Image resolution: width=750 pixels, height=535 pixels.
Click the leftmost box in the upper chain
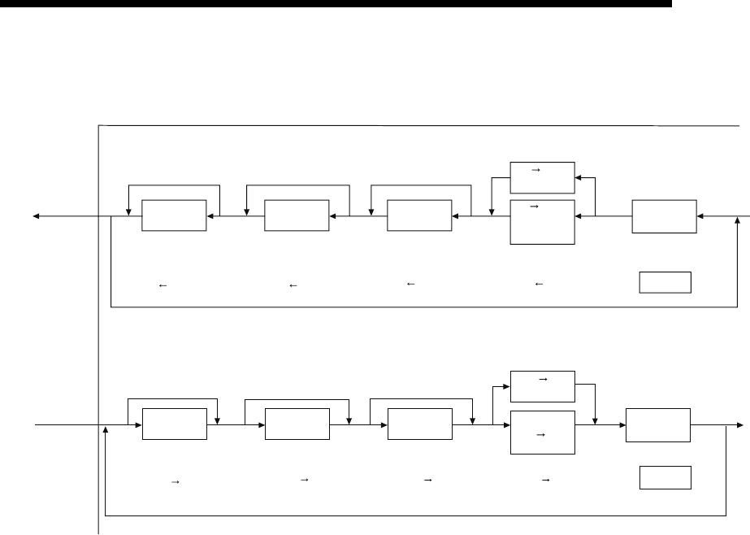pyautogui.click(x=174, y=215)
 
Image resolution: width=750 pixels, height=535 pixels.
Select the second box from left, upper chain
pyautogui.click(x=297, y=215)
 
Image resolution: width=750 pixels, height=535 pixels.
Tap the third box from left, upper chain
pyautogui.click(x=419, y=215)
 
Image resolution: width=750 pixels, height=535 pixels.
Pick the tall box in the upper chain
pyautogui.click(x=542, y=221)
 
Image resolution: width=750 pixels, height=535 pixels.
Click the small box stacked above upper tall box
pyautogui.click(x=542, y=173)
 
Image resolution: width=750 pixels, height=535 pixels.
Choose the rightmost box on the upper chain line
pyautogui.click(x=664, y=215)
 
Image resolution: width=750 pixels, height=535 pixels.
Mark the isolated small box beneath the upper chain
pyautogui.click(x=665, y=282)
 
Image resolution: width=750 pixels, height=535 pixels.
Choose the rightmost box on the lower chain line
pyautogui.click(x=657, y=424)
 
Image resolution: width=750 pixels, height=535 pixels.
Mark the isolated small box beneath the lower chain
pyautogui.click(x=665, y=477)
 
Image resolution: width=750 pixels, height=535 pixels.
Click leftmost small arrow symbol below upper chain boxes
pyautogui.click(x=163, y=285)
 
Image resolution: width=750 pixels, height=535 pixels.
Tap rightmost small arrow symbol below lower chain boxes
pyautogui.click(x=545, y=481)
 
